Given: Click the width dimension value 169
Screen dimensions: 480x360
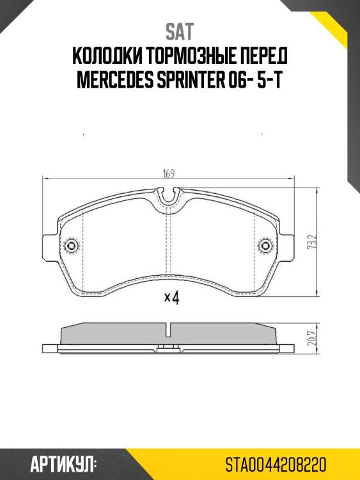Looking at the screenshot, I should click(x=169, y=173).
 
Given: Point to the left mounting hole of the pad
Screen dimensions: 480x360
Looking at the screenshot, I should click(x=71, y=246).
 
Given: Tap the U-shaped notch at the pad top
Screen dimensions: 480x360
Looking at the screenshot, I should click(x=168, y=197).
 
